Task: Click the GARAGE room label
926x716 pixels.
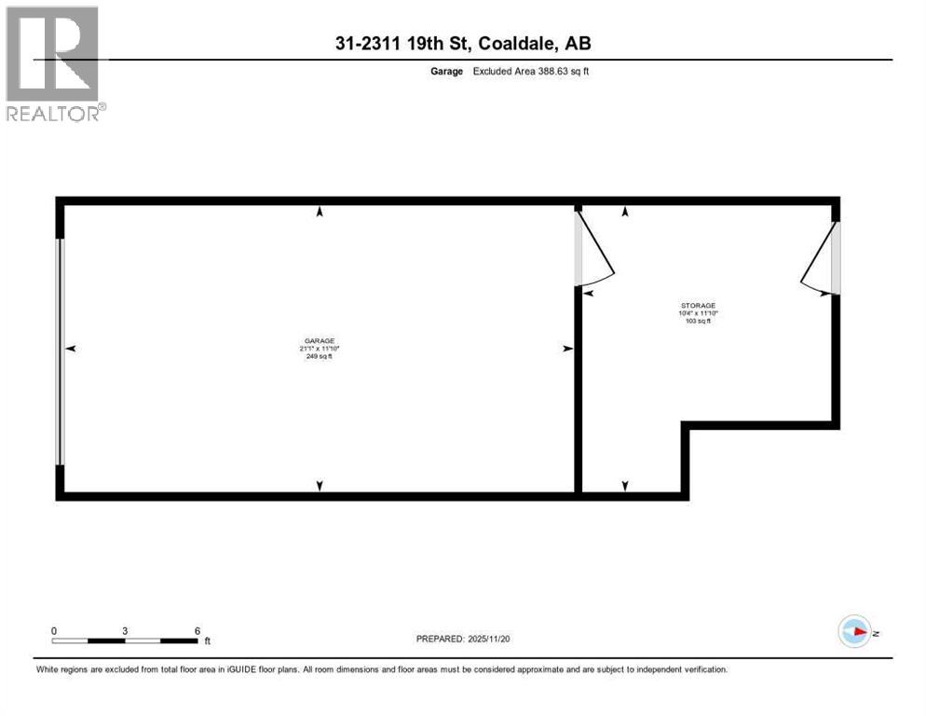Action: pos(320,341)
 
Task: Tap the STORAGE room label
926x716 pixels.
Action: pos(697,306)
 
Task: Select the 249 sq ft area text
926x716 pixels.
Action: pos(320,356)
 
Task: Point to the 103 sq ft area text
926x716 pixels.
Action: pos(697,321)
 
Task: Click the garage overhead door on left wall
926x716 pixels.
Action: pos(61,351)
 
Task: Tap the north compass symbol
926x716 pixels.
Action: pos(855,632)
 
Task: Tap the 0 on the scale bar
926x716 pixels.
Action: pos(54,630)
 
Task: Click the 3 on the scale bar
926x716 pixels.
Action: pos(125,630)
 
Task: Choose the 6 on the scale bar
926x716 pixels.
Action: pos(197,630)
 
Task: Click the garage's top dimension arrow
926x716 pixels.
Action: pos(320,212)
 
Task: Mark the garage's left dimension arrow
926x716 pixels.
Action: pos(70,349)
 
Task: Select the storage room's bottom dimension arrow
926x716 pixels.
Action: pos(625,485)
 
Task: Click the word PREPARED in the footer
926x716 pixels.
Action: pos(439,639)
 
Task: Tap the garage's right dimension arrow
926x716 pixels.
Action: pos(567,349)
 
